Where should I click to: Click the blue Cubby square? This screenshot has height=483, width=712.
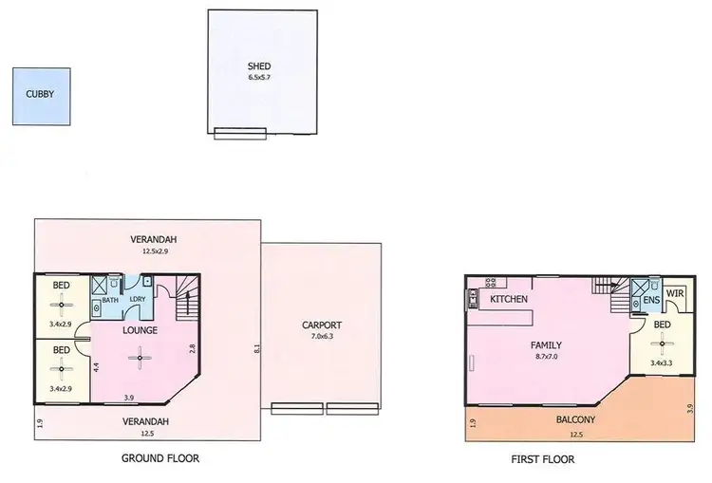pos(40,96)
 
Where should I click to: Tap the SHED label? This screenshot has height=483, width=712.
pos(259,66)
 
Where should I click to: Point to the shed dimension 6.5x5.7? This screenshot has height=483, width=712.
pos(259,77)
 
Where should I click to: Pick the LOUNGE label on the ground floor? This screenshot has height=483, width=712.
pos(140,330)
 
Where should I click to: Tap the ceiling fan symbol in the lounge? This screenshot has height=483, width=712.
pos(140,358)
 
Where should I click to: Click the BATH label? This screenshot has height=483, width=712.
pos(110,301)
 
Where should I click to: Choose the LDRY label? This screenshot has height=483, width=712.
pos(138,301)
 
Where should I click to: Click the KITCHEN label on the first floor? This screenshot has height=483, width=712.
pos(509,300)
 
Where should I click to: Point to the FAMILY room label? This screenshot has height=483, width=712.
pos(546,345)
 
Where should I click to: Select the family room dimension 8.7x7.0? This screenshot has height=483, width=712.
pos(546,357)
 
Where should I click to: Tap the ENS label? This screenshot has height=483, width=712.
pos(650,302)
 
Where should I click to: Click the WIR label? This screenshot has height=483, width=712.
pos(675,294)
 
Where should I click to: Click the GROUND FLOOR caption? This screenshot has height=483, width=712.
pos(160,458)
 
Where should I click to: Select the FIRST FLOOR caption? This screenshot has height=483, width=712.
pos(543,459)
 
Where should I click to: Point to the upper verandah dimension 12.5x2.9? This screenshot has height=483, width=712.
pos(155,251)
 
